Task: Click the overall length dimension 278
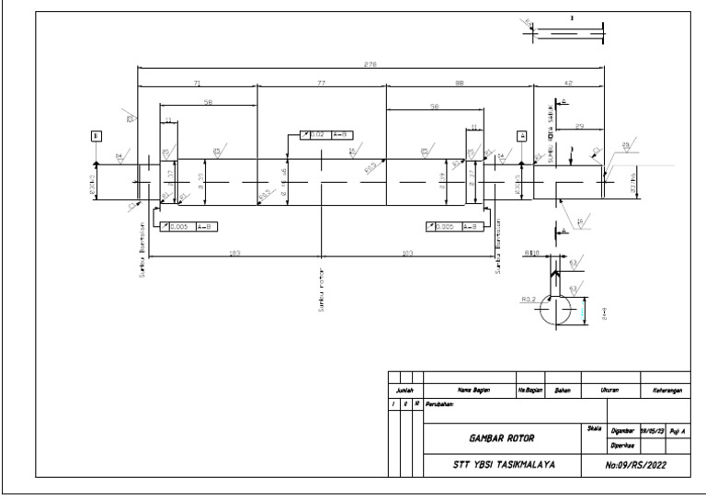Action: (x=370, y=63)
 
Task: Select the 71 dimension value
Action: (x=198, y=84)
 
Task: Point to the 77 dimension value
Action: (x=322, y=84)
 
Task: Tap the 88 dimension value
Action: (x=459, y=84)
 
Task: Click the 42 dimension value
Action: (x=568, y=84)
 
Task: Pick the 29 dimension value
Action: (x=579, y=122)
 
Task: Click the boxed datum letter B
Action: (x=97, y=135)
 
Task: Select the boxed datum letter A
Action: (x=523, y=135)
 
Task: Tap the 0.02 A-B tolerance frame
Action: (x=327, y=135)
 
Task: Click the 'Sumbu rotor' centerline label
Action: (x=322, y=289)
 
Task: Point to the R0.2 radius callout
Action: (x=528, y=300)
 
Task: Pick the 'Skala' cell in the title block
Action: (x=593, y=429)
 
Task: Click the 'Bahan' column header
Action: (x=564, y=391)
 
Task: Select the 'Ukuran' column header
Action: (x=609, y=391)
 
